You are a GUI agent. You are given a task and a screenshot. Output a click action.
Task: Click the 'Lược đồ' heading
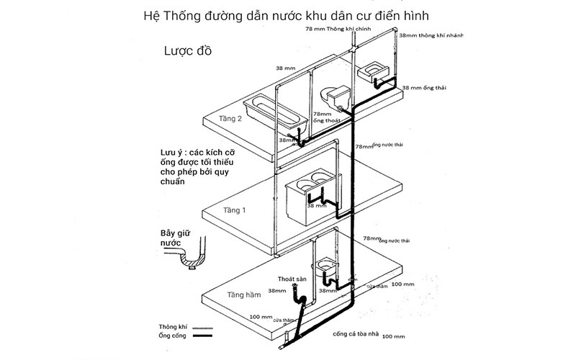pyautogui.click(x=187, y=52)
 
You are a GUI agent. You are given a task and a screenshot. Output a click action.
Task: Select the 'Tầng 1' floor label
pyautogui.click(x=234, y=211)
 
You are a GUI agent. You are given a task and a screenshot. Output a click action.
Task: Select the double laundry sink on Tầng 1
pyautogui.click(x=311, y=196)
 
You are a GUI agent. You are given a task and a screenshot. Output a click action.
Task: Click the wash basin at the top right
pyautogui.click(x=374, y=71)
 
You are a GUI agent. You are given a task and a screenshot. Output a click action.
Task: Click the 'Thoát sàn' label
pyautogui.click(x=291, y=279)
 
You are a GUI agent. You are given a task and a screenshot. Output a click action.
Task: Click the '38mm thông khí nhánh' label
pyautogui.click(x=431, y=35)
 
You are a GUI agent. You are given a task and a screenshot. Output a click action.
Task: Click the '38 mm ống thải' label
pyautogui.click(x=424, y=87)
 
